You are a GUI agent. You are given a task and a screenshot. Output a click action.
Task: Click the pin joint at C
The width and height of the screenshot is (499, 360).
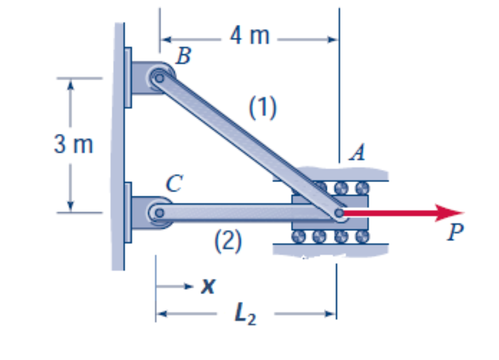tap(159, 212)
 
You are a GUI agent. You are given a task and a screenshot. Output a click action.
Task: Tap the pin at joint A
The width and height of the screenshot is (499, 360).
tap(338, 213)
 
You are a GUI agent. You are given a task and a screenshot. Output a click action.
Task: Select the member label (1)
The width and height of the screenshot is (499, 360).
tap(262, 108)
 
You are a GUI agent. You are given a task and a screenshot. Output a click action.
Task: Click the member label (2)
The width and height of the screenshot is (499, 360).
tap(226, 241)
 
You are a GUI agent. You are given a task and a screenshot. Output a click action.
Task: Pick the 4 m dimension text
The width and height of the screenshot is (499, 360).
tap(249, 36)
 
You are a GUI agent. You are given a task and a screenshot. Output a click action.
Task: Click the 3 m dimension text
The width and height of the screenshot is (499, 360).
tap(74, 145)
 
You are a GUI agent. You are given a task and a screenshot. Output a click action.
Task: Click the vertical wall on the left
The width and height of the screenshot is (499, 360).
tap(117, 146)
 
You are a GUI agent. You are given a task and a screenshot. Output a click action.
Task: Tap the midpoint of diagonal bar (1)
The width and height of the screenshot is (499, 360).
tap(249, 145)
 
